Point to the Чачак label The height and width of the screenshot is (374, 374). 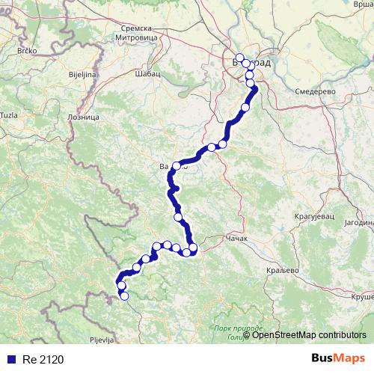[237, 240]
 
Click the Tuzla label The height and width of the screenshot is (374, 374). [9, 114]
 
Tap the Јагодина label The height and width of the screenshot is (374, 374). [356, 223]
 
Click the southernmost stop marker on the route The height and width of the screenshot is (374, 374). [124, 296]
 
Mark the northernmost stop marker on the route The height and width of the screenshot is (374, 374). [239, 58]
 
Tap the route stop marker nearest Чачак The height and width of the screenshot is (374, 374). [193, 248]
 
